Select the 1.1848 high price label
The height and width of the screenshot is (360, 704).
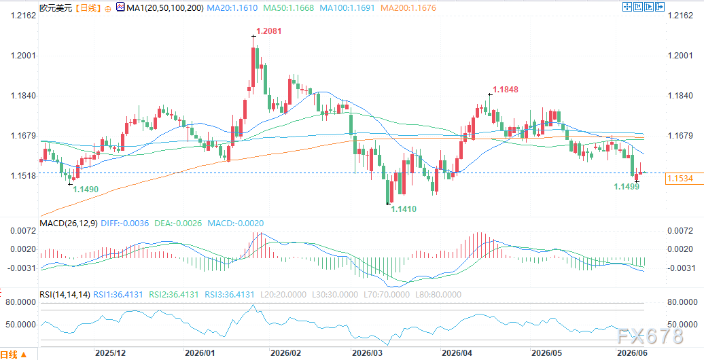click(506, 90)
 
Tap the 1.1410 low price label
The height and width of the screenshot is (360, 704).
click(404, 209)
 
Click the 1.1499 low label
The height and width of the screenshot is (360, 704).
click(627, 186)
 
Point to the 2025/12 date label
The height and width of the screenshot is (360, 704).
click(109, 353)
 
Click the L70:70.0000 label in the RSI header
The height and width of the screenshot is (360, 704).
click(385, 295)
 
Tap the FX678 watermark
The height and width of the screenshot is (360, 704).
click(649, 336)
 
